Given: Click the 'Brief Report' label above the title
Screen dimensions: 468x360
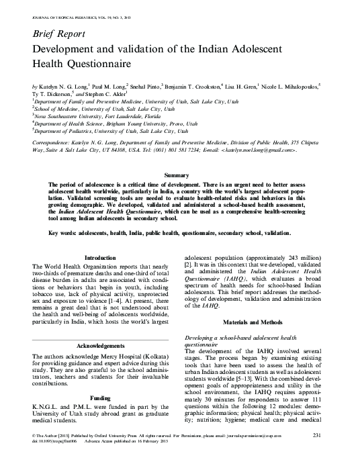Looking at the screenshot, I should click(x=58, y=33).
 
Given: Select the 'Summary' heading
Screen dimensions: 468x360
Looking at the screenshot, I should click(x=179, y=174).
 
